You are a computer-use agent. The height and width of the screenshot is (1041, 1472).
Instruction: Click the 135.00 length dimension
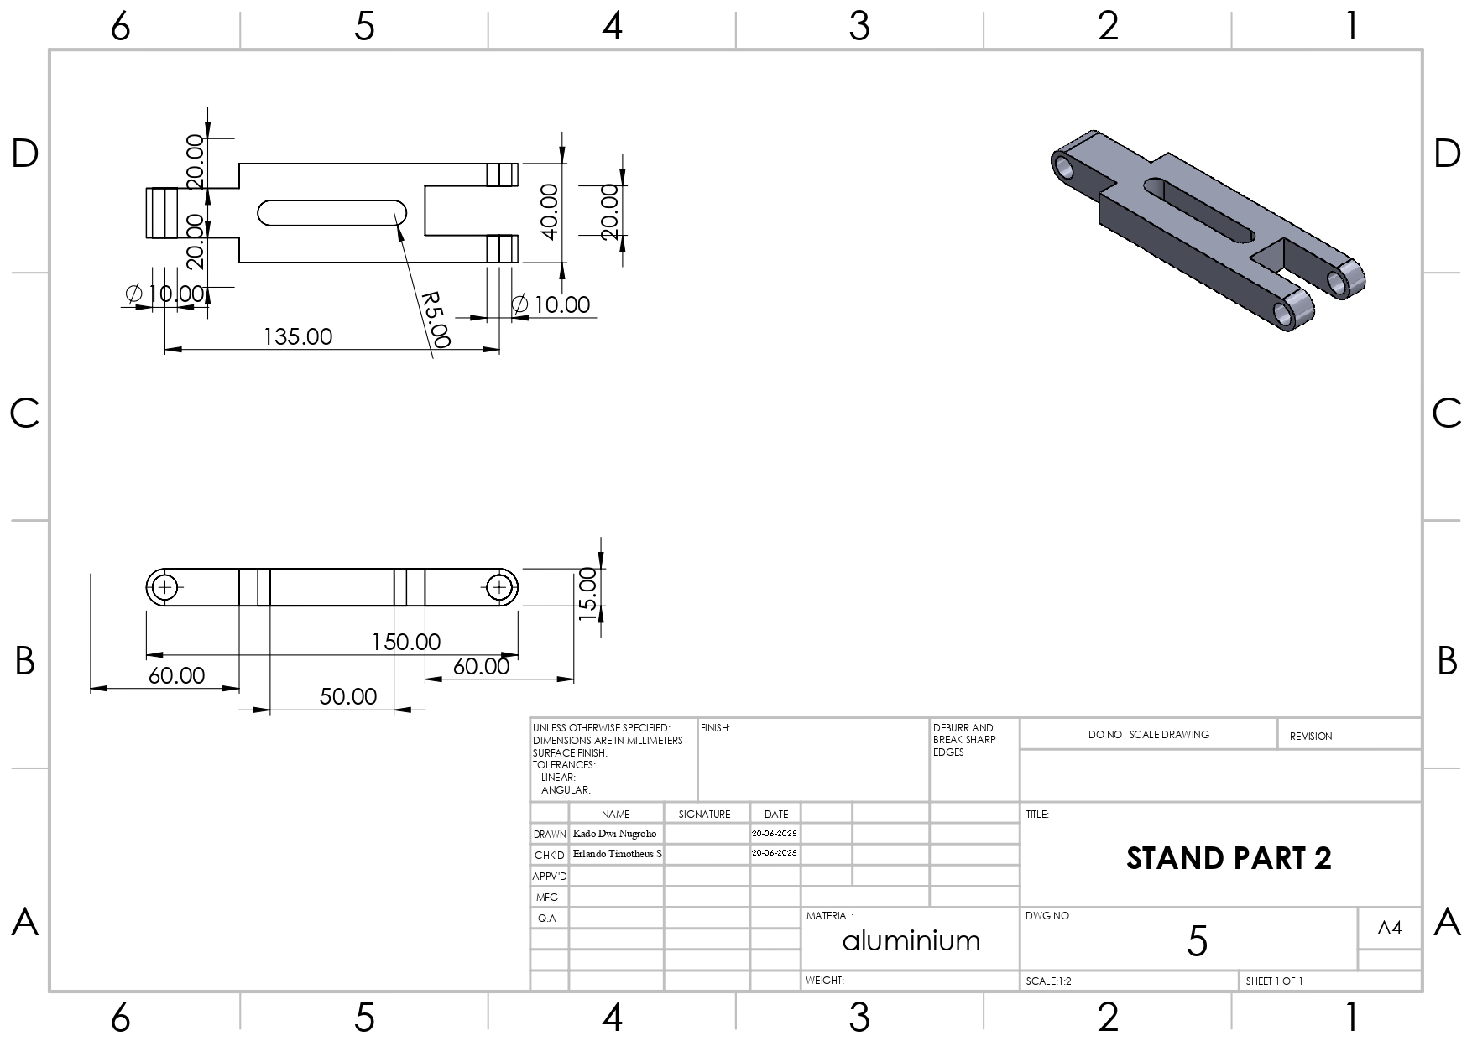pos(298,337)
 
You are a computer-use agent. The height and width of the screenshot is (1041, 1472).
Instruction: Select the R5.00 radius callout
pos(436,320)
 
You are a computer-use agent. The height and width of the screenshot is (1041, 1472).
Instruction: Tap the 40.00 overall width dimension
pos(549,211)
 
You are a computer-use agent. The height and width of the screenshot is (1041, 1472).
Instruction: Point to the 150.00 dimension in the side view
pos(406,642)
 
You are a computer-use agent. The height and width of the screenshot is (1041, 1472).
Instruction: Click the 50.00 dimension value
pos(347,696)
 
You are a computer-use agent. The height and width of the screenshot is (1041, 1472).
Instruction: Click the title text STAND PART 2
pos(1229,858)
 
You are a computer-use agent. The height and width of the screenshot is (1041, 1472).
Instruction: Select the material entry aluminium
pos(911,940)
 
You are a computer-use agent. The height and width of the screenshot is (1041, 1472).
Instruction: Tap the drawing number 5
pos(1197,941)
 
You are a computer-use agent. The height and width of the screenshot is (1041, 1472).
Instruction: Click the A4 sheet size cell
pos(1389,928)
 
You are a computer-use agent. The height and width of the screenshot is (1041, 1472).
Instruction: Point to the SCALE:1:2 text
pos(1048,981)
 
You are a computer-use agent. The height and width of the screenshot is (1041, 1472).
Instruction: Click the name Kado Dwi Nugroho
pos(614,834)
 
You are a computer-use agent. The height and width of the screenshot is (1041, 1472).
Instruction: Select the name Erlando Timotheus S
pos(617,854)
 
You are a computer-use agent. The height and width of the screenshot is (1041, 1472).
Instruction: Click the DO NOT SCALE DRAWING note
pos(1148,734)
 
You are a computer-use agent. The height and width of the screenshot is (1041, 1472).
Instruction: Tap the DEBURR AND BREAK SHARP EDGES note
pos(963,740)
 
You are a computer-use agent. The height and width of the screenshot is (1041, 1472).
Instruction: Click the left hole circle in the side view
pos(164,587)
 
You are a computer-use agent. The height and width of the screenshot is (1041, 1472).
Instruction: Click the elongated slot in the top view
pos(332,213)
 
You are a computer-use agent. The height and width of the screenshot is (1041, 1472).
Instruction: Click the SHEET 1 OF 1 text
pos(1274,981)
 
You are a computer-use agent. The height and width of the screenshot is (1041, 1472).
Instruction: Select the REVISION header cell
pos(1310,736)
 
